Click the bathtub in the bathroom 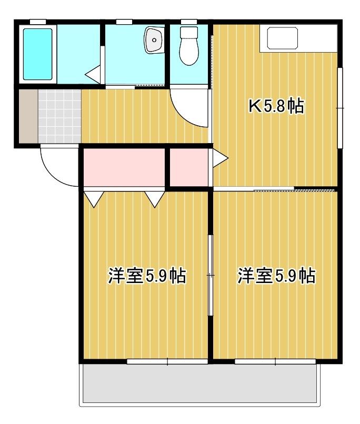37,54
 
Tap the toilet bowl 189,46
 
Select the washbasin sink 154,40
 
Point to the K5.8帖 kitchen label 276,106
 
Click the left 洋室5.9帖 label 147,276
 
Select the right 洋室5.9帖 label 276,276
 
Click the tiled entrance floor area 59,116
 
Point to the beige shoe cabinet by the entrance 28,116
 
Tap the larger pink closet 124,167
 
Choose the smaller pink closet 189,167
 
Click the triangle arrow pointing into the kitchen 221,158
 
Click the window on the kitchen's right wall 340,108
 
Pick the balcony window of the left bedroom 167,361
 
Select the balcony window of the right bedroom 275,361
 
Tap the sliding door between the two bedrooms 211,275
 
